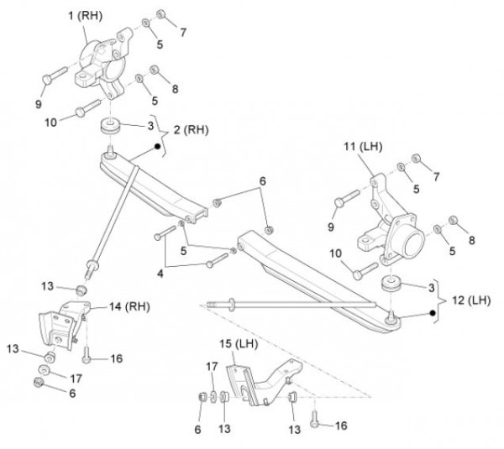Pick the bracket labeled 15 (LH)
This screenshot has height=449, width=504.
pyautogui.click(x=260, y=384)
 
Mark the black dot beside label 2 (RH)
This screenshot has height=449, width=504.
pyautogui.click(x=156, y=147)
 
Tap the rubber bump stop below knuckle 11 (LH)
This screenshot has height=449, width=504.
pyautogui.click(x=391, y=284)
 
